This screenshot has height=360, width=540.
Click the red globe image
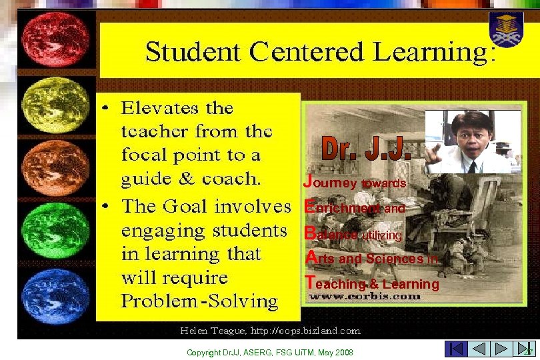pyautogui.click(x=56, y=38)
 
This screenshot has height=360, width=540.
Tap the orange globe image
pyautogui.click(x=56, y=167)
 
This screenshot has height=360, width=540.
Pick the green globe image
pyautogui.click(x=56, y=231)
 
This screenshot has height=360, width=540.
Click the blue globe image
pyautogui.click(x=56, y=296)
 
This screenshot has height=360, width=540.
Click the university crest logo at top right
pyautogui.click(x=507, y=28)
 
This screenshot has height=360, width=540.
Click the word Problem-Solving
pyautogui.click(x=199, y=301)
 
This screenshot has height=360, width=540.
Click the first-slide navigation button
pyautogui.click(x=455, y=349)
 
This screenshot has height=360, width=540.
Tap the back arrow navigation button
pyautogui.click(x=478, y=349)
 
